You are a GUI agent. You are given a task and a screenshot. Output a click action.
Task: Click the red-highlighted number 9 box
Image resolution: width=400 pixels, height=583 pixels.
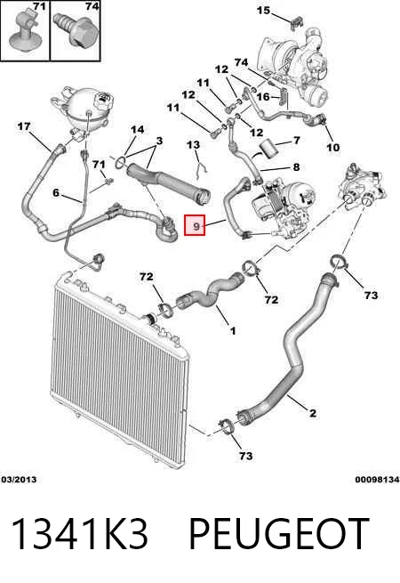tap(195, 225)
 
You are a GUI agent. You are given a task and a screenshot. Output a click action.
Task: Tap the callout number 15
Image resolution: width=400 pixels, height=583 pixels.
tap(263, 10)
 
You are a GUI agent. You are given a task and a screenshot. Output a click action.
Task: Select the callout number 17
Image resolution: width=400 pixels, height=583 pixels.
tap(24, 126)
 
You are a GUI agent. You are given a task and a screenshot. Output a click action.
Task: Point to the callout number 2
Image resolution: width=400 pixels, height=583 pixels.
tap(313, 413)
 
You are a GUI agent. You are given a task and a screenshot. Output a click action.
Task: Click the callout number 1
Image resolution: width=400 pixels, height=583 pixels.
tap(233, 330)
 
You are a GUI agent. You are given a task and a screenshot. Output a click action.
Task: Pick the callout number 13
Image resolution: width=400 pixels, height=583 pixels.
tap(193, 144)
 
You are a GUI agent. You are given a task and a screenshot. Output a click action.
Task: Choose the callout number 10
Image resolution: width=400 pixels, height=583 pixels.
tap(332, 147)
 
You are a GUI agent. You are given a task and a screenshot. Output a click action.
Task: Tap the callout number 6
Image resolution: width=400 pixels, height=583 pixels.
tap(56, 192)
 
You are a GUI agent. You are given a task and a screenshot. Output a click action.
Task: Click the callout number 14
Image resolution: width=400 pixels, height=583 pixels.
tap(137, 129)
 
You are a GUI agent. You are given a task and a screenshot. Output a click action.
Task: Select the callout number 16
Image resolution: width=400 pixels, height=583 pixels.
tap(263, 97)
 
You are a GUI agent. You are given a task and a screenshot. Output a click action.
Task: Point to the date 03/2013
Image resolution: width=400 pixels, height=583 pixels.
tap(19, 479)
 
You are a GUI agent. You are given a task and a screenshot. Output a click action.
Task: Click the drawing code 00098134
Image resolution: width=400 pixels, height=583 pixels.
tap(378, 479)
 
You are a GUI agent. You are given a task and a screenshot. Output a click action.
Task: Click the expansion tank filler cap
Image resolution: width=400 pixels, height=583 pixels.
tap(101, 100)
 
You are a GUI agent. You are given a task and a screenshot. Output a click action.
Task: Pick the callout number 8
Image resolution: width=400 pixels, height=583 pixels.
tap(296, 167)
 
